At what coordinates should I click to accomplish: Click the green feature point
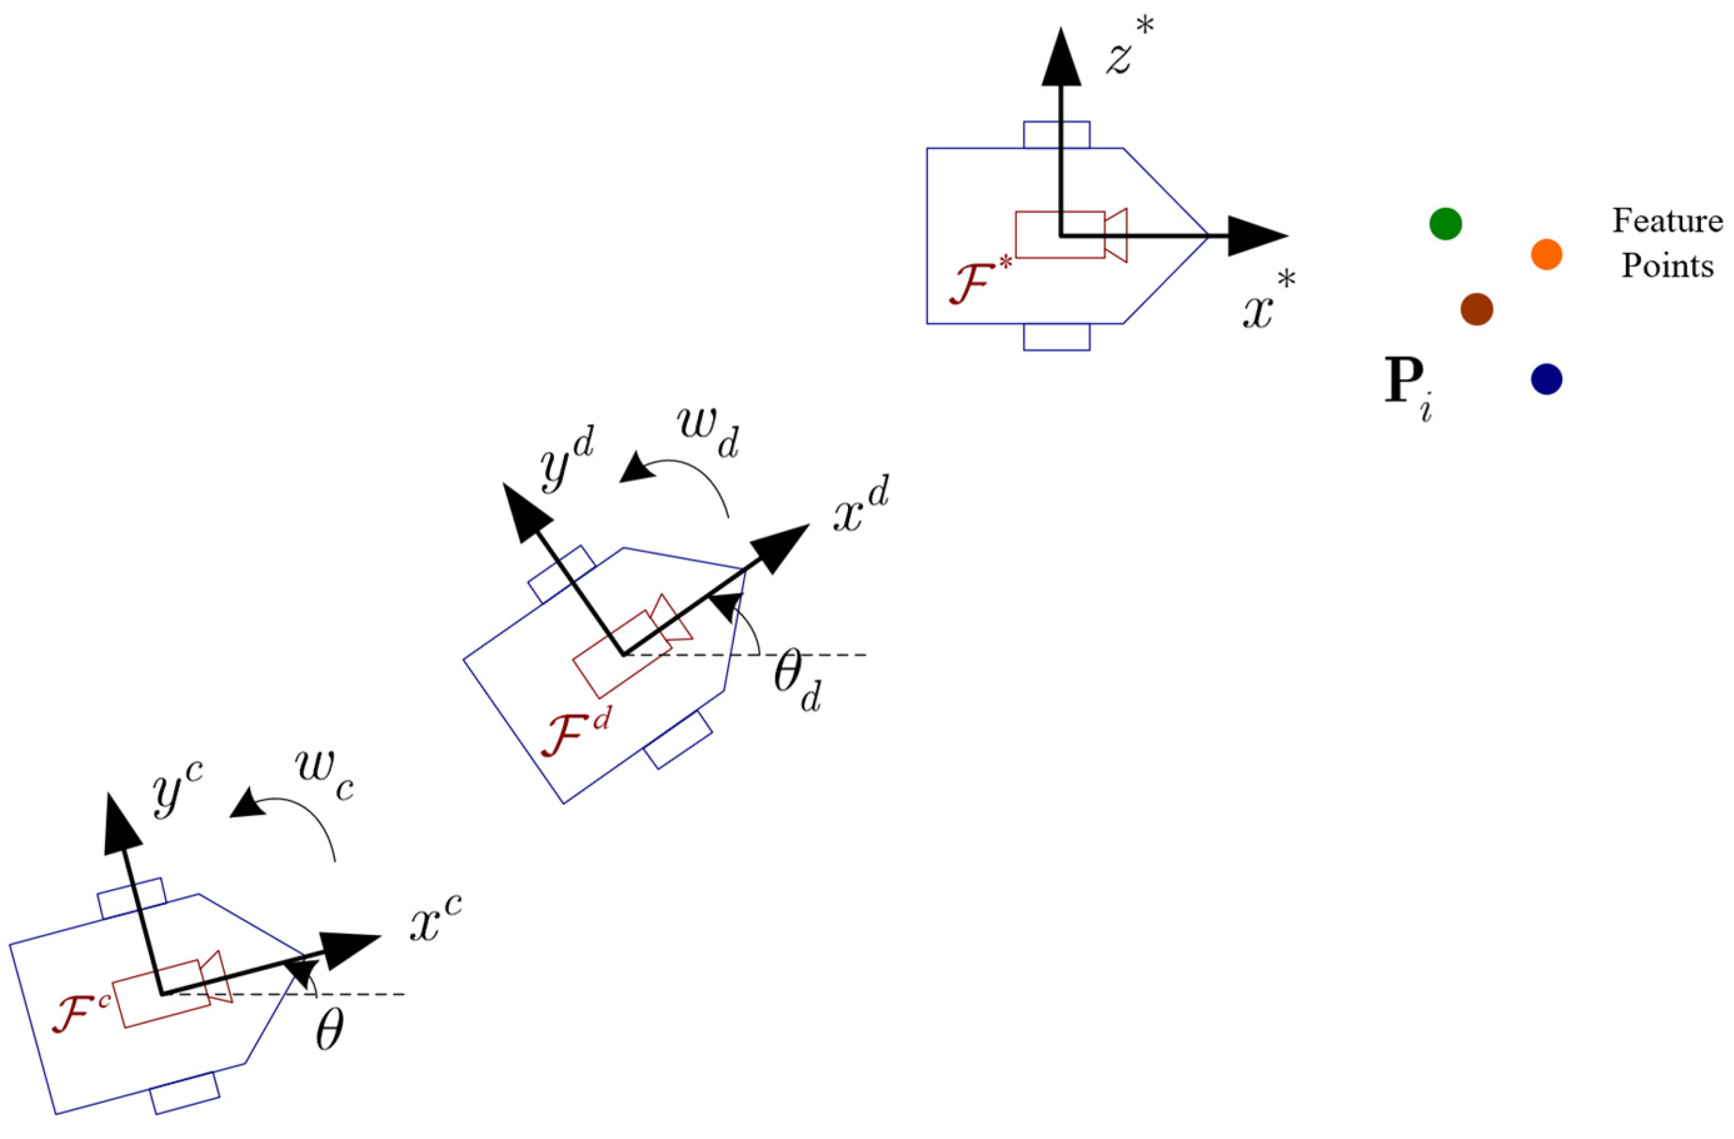click(x=1446, y=223)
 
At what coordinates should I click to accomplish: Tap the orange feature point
click(x=1546, y=255)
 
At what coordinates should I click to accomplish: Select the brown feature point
click(x=1477, y=309)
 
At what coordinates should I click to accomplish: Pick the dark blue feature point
click(x=1546, y=379)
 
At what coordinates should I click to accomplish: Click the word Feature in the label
click(x=1667, y=221)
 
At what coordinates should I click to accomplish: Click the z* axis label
click(x=1129, y=48)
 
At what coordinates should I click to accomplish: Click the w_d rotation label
click(x=707, y=433)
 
